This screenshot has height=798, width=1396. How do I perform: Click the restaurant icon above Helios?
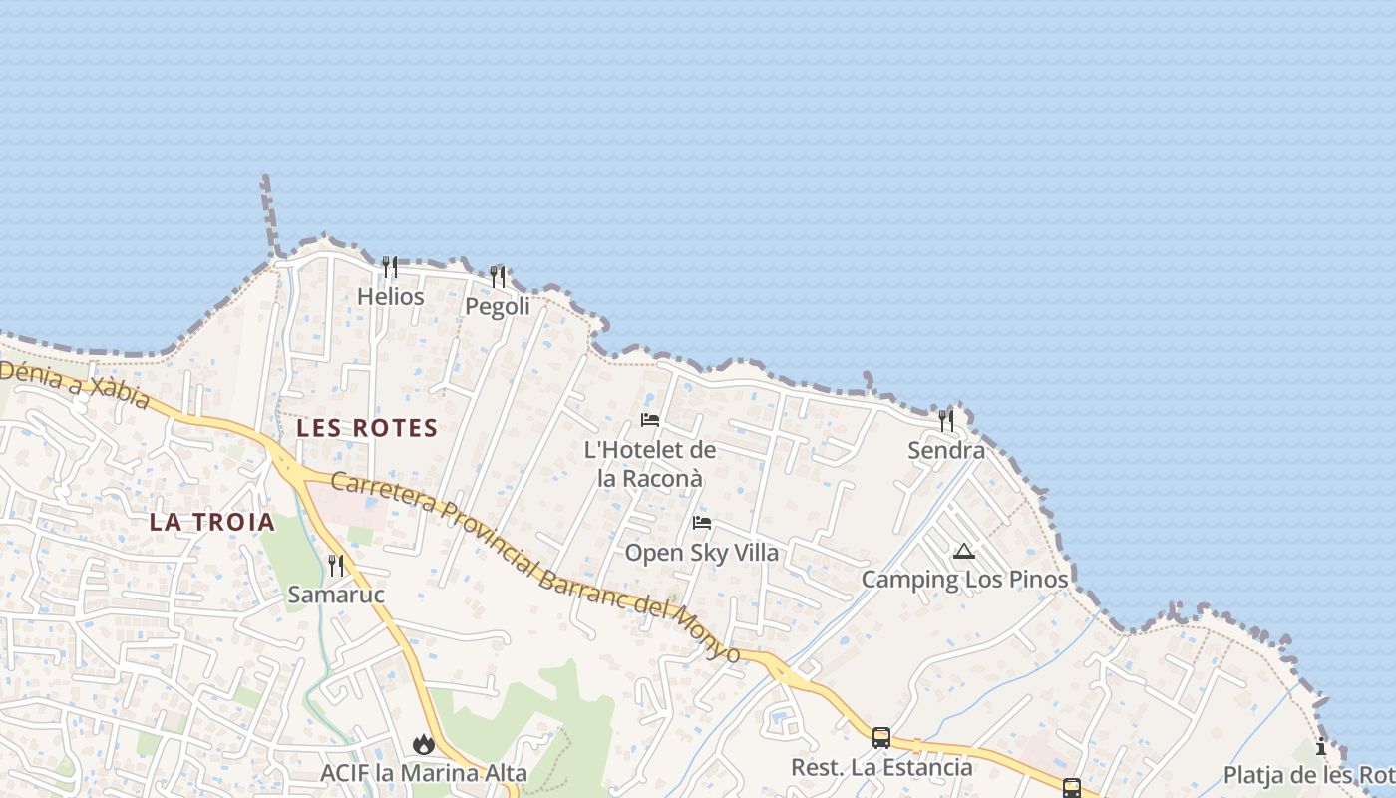point(390,267)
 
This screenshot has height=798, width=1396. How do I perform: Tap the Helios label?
point(391,297)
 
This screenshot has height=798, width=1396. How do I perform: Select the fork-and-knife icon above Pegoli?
point(498,276)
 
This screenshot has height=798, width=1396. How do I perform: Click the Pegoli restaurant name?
point(498,306)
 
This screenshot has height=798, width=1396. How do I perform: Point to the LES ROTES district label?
point(367,428)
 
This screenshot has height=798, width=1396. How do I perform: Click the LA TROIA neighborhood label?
point(211,522)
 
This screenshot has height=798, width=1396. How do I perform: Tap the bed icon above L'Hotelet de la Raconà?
point(650,420)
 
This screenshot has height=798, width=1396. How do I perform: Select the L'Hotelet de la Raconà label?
point(650,464)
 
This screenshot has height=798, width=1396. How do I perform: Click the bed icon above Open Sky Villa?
point(702,523)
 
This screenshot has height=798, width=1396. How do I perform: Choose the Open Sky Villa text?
point(702,553)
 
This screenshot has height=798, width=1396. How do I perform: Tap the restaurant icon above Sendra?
point(946,421)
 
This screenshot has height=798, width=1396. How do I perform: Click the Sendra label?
point(946,451)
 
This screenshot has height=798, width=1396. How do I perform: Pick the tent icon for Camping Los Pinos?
point(963,551)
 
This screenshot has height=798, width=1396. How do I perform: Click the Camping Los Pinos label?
point(964,580)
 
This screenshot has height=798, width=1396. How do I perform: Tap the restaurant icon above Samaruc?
point(336,566)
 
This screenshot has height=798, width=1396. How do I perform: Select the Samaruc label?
point(336,596)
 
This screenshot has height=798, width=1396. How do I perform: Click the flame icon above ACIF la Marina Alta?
point(424,744)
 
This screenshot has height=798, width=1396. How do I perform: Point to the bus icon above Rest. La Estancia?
point(881,738)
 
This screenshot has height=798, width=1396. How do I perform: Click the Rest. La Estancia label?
point(881,768)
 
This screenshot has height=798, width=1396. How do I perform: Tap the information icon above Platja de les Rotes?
point(1321,746)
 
